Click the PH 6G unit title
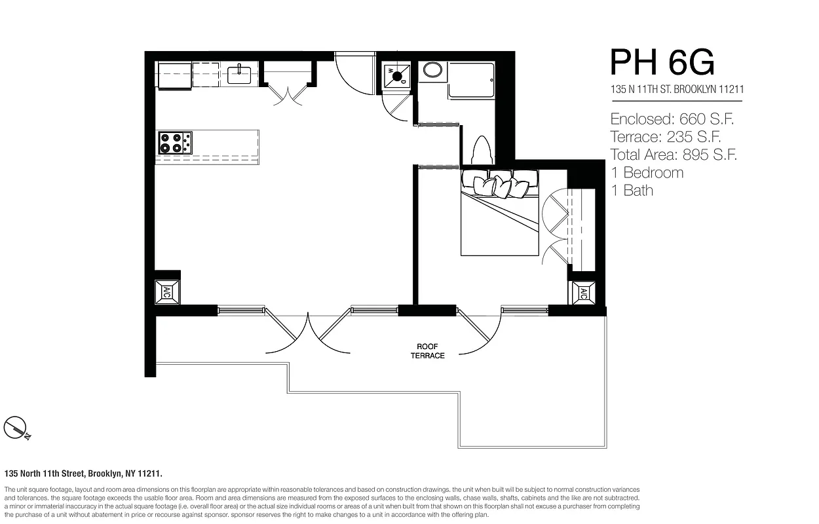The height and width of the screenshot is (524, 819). [662, 62]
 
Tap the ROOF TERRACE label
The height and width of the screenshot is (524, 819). [427, 351]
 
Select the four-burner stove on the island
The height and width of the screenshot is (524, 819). [175, 143]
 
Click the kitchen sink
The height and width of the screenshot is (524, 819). [239, 74]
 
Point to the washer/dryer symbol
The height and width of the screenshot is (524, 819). [396, 76]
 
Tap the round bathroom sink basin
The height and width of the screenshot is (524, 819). [432, 69]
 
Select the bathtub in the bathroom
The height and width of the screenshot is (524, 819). [471, 81]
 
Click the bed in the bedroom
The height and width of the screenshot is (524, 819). [499, 213]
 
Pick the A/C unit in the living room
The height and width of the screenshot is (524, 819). [166, 292]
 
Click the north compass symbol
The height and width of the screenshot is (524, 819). [16, 428]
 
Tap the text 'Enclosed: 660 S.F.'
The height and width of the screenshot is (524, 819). [672, 119]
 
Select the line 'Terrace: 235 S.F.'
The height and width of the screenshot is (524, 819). [666, 137]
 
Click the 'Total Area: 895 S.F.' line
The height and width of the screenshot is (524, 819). [674, 155]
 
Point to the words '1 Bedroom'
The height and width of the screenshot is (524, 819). [647, 172]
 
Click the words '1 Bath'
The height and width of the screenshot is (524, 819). [632, 191]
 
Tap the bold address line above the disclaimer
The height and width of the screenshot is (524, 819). [83, 474]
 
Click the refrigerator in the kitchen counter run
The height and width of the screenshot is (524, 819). [174, 75]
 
